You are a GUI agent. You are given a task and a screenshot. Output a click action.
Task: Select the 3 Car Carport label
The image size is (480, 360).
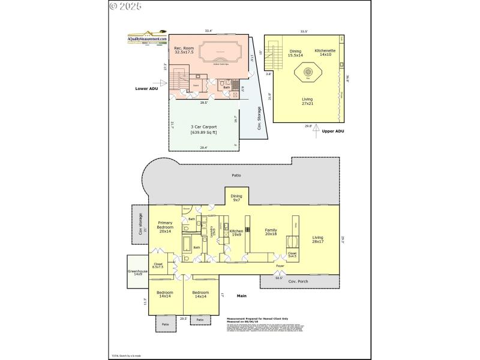pyautogui.click(x=187, y=129)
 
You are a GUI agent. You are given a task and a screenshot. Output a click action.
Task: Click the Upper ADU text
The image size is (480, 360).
pyautogui.click(x=333, y=131)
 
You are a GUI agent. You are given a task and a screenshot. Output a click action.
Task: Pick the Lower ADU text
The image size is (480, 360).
pyautogui.click(x=146, y=88)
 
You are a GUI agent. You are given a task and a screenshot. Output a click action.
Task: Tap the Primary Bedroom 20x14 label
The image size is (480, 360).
pyautogui.click(x=165, y=229)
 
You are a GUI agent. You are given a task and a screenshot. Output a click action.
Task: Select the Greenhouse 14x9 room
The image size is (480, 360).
pyautogui.click(x=137, y=272)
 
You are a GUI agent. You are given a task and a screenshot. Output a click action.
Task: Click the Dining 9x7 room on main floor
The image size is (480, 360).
pyautogui.click(x=237, y=198)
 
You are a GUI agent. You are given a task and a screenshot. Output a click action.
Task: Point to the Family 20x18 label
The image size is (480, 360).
pyautogui.click(x=271, y=232)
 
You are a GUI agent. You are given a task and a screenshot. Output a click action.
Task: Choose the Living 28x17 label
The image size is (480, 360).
pyautogui.click(x=317, y=241)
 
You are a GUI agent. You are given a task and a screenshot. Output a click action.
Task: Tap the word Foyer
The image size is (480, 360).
pyautogui.click(x=280, y=265)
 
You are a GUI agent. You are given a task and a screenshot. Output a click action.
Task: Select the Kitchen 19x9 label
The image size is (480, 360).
pyautogui.click(x=236, y=233)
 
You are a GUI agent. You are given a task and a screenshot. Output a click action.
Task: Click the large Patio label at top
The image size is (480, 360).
pyautogui.click(x=236, y=176)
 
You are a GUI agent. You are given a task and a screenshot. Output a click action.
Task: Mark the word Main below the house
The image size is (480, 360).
pyautogui.click(x=242, y=296)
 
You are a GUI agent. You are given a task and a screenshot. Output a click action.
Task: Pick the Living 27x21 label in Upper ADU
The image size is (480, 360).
pyautogui.click(x=307, y=101)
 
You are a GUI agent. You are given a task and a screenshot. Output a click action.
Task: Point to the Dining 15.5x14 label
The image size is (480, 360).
pyautogui.click(x=295, y=53)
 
